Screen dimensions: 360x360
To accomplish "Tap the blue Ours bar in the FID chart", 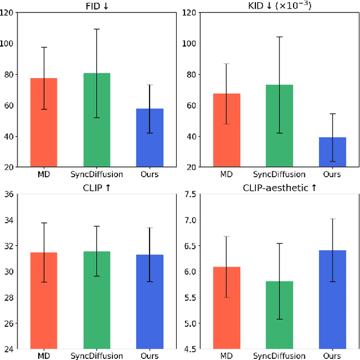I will (x=150, y=138).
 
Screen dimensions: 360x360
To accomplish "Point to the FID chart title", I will (x=96, y=6).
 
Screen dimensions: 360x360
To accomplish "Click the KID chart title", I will (x=279, y=6).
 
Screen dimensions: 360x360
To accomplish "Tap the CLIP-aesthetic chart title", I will (x=279, y=188).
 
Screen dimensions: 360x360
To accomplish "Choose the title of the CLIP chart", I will (x=96, y=188).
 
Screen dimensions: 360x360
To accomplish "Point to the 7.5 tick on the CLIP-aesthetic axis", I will (x=190, y=195).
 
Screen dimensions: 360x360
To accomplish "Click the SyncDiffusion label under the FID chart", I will (x=96, y=174).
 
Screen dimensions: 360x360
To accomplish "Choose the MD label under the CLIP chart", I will (x=43, y=356).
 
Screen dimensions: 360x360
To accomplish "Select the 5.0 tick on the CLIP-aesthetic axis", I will (x=190, y=323).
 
